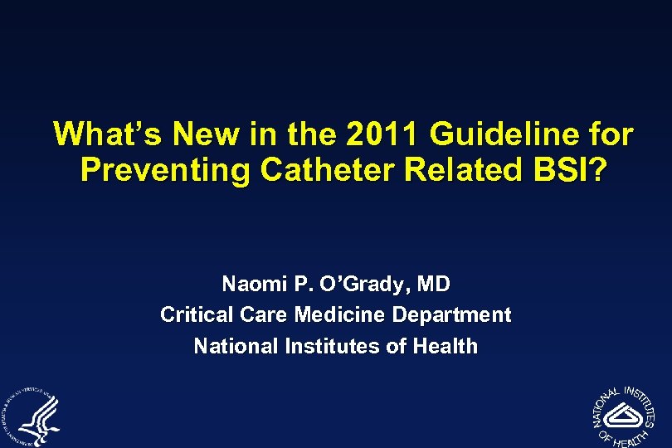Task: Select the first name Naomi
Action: click(x=251, y=285)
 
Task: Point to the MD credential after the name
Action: click(x=434, y=285)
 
